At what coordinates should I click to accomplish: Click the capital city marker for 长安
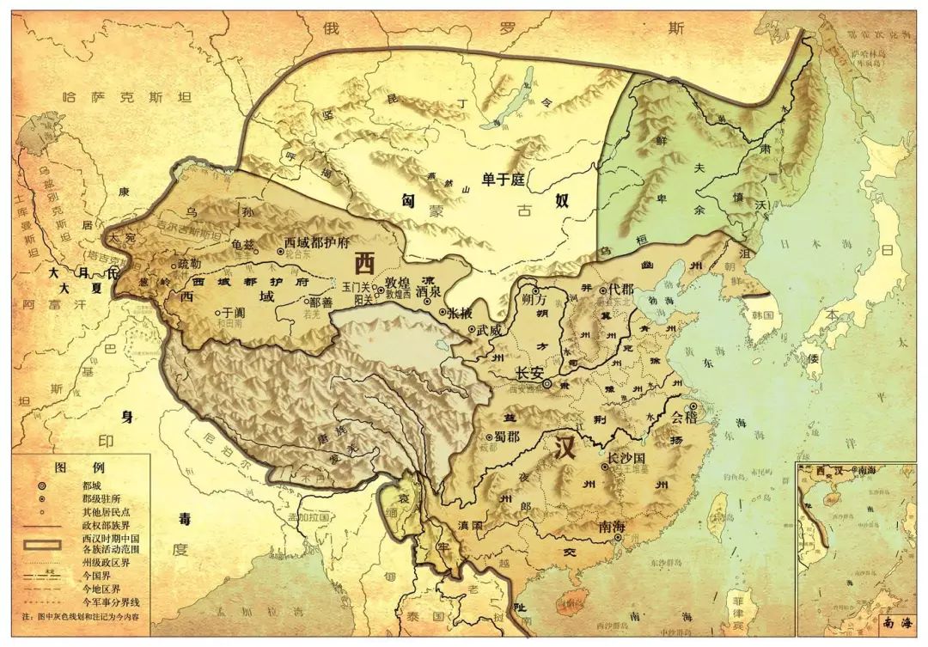547,384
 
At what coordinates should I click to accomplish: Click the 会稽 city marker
693,407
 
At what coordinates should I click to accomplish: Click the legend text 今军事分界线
109,601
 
